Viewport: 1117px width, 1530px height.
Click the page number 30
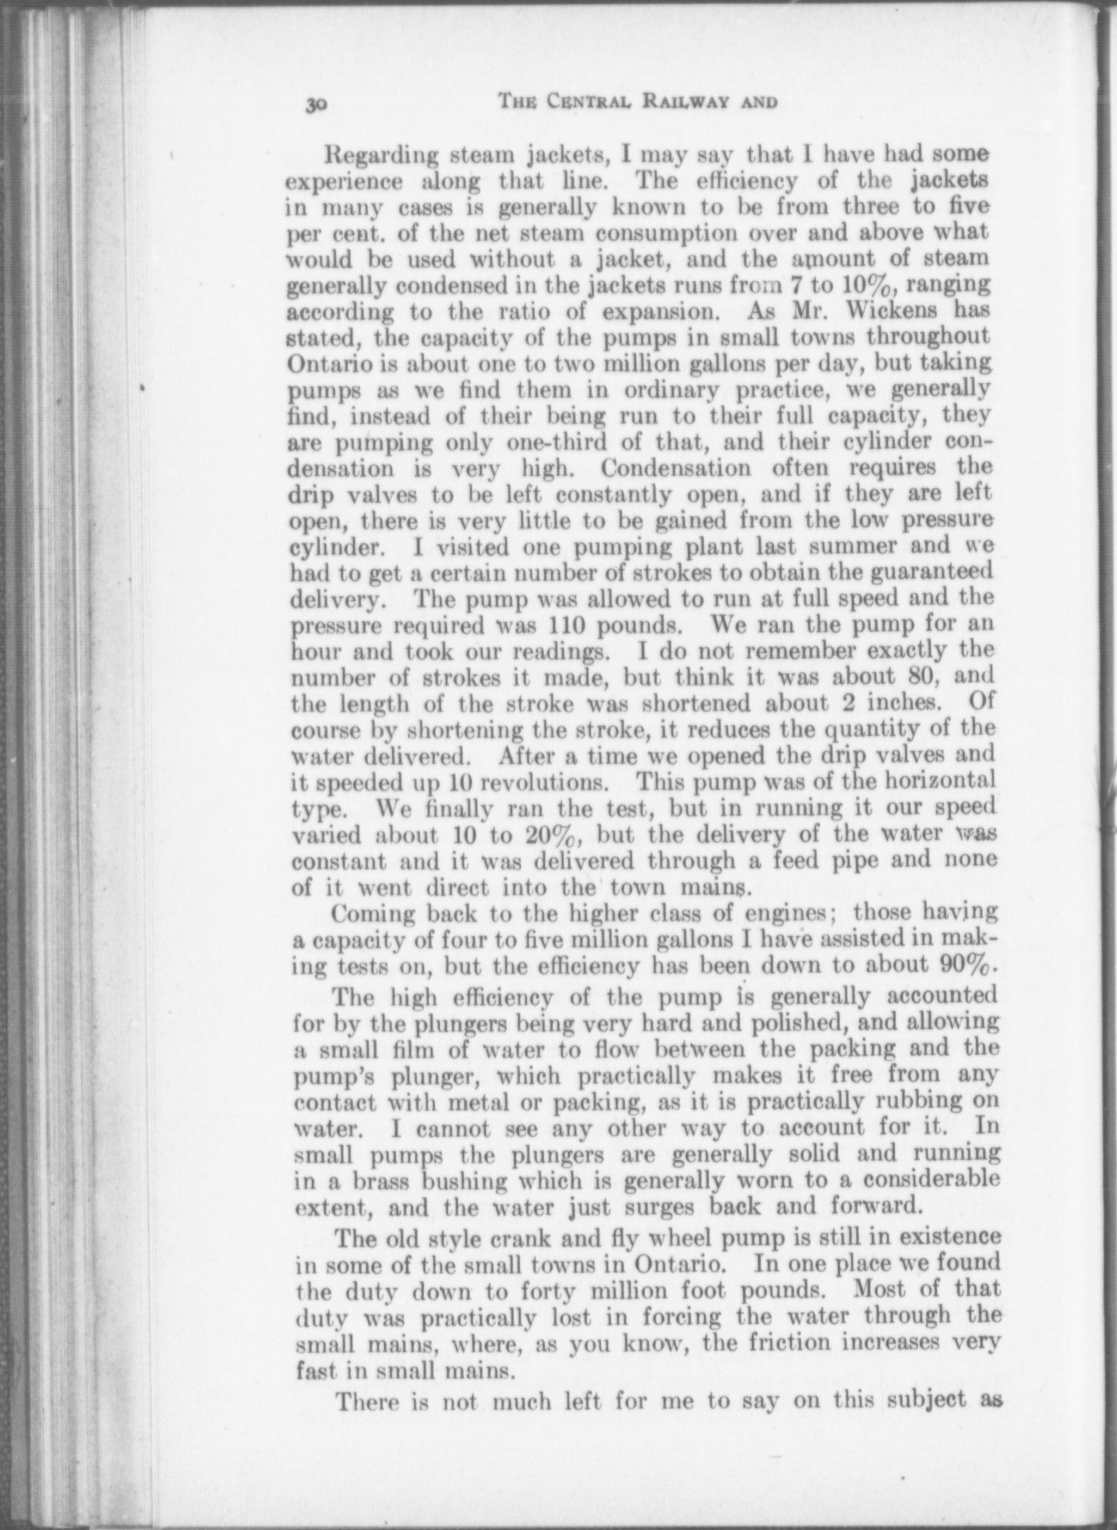coord(315,105)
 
